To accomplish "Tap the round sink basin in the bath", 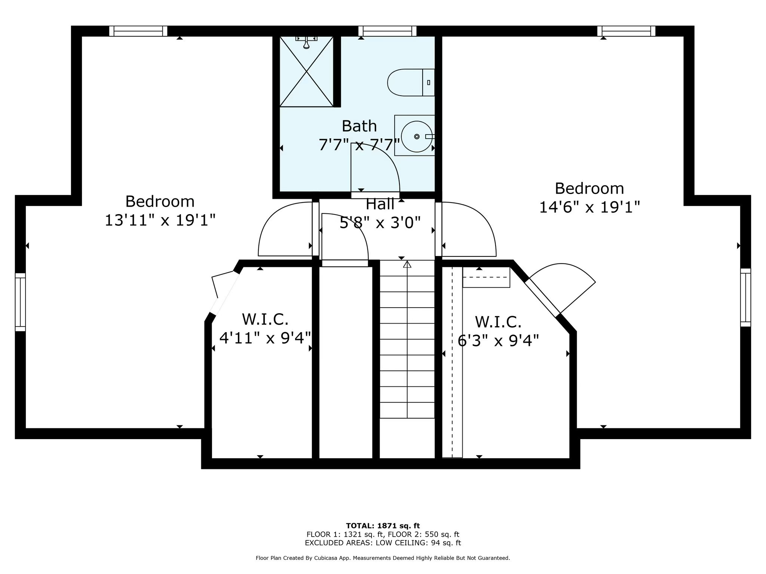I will pyautogui.click(x=416, y=136).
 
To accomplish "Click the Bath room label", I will pyautogui.click(x=359, y=126).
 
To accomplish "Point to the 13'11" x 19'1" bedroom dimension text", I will pyautogui.click(x=160, y=220).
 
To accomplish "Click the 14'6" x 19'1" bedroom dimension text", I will pyautogui.click(x=589, y=207).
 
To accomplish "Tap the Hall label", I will pyautogui.click(x=380, y=204).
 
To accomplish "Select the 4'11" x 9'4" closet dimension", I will pyautogui.click(x=265, y=338).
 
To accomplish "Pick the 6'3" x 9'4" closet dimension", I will pyautogui.click(x=498, y=340).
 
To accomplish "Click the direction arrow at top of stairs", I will pyautogui.click(x=407, y=265).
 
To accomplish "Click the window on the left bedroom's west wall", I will pyautogui.click(x=20, y=302).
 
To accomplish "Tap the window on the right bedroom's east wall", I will pyautogui.click(x=745, y=297).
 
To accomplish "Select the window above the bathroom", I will pyautogui.click(x=387, y=31).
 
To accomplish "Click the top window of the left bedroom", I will pyautogui.click(x=138, y=31).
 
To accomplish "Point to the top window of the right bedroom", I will pyautogui.click(x=626, y=31).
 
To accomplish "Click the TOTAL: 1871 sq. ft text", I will pyautogui.click(x=383, y=526).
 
